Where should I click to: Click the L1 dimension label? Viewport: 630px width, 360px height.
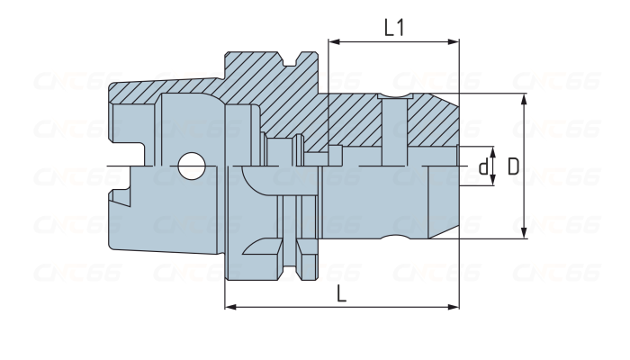click(x=393, y=27)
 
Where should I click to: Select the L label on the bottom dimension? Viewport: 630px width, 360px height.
click(x=339, y=293)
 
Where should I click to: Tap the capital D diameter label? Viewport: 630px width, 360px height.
click(x=512, y=166)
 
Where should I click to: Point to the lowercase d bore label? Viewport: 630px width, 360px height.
click(x=483, y=166)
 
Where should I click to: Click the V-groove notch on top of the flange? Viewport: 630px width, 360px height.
click(x=290, y=62)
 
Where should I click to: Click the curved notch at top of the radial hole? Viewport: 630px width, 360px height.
click(x=392, y=97)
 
